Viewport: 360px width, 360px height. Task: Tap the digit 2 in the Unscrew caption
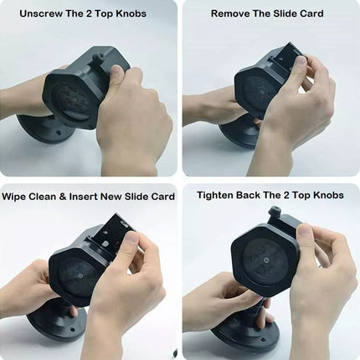pyautogui.click(x=89, y=13)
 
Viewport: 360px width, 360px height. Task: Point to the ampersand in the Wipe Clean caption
pyautogui.click(x=63, y=197)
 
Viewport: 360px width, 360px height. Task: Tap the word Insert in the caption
pyautogui.click(x=83, y=197)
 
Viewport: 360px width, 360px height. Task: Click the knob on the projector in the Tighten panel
pyautogui.click(x=275, y=213)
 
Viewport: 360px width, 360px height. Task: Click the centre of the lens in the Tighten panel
pyautogui.click(x=265, y=260)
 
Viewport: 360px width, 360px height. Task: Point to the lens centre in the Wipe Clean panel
pyautogui.click(x=80, y=275)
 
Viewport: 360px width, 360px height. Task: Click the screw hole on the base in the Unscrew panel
pyautogui.click(x=59, y=133)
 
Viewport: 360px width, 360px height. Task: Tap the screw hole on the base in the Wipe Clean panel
pyautogui.click(x=72, y=329)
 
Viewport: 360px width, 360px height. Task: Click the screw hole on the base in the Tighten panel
pyautogui.click(x=263, y=339)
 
